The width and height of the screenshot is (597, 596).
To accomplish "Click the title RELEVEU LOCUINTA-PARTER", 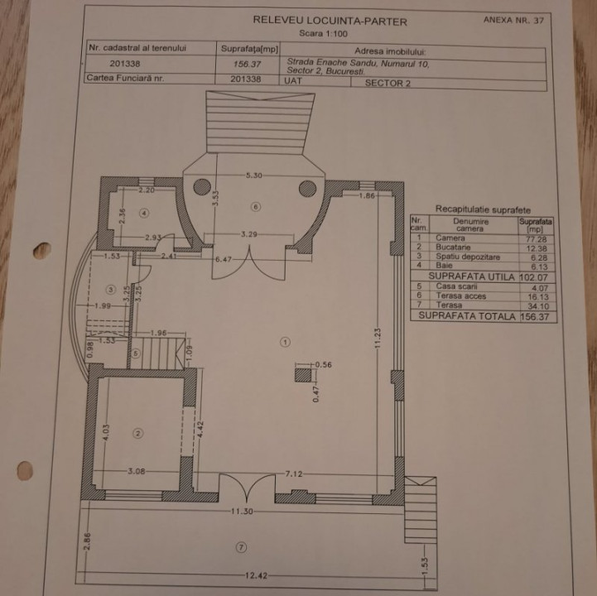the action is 330,21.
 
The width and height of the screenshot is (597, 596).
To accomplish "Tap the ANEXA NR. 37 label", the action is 513,20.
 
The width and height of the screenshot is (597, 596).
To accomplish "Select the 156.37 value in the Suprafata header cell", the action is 247,64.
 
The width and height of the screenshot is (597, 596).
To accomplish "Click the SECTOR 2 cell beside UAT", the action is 388,84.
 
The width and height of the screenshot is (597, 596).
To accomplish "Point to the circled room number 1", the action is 285,342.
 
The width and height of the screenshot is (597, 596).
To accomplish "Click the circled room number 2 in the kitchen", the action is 138,433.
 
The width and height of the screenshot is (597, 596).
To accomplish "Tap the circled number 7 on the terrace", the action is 241,547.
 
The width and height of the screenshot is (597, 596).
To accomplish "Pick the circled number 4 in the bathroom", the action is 144,213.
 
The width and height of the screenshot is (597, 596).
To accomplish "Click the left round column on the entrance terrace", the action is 202,187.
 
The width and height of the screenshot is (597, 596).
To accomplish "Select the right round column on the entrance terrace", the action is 308,189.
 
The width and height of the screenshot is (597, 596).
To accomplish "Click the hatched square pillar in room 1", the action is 303,375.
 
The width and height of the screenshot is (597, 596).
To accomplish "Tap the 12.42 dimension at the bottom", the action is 256,575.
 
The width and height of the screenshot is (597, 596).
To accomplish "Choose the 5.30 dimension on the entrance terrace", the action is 254,175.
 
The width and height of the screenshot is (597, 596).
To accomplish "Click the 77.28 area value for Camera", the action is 536,239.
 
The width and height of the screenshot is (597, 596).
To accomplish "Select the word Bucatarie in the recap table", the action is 453,247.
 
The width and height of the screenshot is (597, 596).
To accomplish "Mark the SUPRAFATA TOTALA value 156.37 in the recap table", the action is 535,317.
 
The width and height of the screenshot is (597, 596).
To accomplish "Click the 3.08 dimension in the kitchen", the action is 137,471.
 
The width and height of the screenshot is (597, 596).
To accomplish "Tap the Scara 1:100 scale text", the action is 323,33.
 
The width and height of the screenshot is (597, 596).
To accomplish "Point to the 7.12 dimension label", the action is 294,473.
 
